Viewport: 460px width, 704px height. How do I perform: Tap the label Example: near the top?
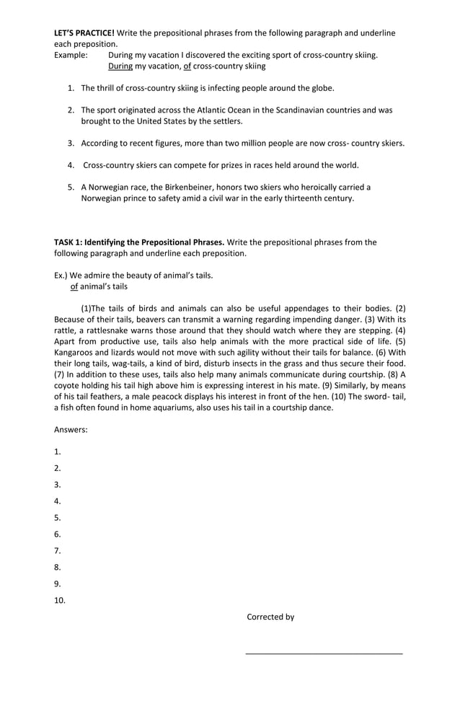[x=71, y=55]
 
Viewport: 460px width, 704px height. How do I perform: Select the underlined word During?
[x=120, y=66]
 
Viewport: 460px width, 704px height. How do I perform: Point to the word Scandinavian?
[x=314, y=110]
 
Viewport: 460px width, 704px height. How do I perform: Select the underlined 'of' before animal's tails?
[x=74, y=286]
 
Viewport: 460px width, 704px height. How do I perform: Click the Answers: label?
[x=71, y=430]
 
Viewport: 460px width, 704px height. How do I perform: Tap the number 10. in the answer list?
[x=59, y=600]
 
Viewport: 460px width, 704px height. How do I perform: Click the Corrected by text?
[x=270, y=617]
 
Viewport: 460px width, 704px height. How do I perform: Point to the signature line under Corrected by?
[x=324, y=654]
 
